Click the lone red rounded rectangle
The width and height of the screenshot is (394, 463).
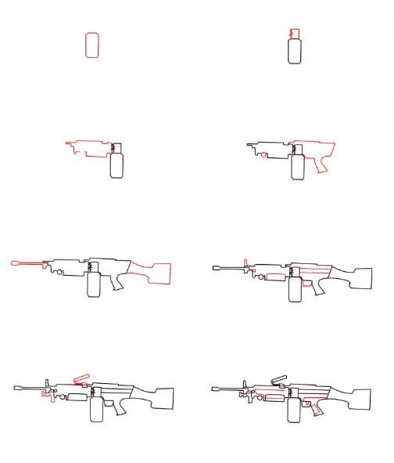coord(91,45)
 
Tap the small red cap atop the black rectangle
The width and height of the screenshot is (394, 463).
coord(294,34)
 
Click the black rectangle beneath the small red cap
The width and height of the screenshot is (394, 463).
coord(295,52)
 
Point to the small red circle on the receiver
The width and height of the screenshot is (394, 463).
coord(264,155)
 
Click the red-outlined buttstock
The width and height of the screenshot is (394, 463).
coord(153,273)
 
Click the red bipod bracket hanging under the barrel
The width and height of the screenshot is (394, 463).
coord(49,395)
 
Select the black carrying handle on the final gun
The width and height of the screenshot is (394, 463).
coord(278,380)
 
